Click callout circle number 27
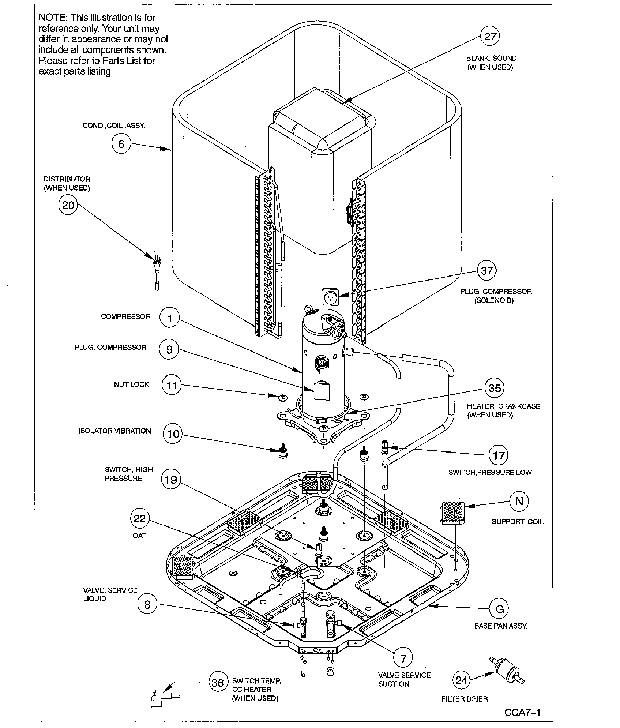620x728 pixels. (490, 36)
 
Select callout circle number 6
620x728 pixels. (121, 144)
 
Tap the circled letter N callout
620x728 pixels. (519, 501)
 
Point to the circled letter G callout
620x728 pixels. (499, 609)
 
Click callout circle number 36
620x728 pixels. (218, 683)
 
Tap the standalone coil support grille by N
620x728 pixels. (453, 513)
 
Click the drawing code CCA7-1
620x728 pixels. (522, 712)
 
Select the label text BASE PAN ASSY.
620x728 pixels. (501, 626)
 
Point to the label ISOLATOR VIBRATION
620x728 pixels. (114, 431)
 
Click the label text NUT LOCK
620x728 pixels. (131, 384)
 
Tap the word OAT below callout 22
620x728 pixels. (139, 535)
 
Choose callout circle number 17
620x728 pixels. (499, 455)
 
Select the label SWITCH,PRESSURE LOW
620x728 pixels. (490, 472)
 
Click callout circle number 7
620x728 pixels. (403, 658)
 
